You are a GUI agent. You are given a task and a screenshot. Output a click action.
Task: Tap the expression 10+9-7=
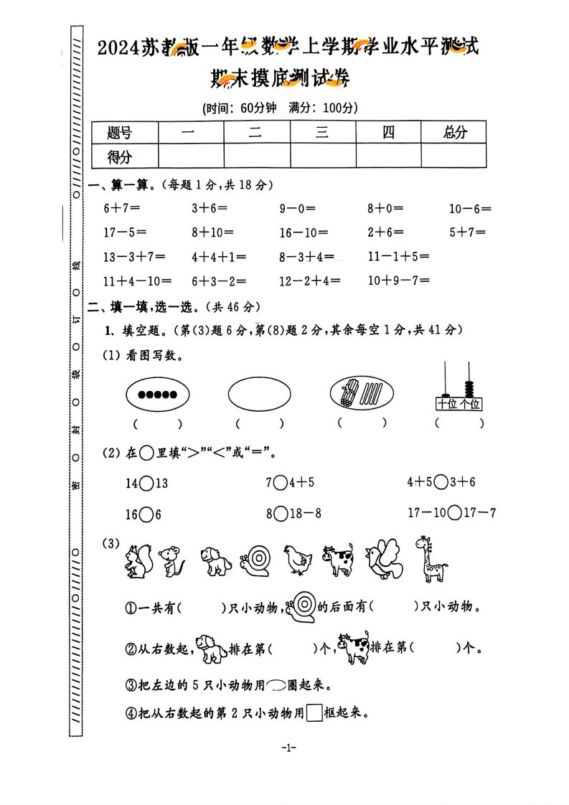pyautogui.click(x=398, y=281)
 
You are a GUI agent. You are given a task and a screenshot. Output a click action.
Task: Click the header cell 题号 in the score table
pyautogui.click(x=119, y=132)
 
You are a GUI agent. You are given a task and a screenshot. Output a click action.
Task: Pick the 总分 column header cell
pyautogui.click(x=454, y=132)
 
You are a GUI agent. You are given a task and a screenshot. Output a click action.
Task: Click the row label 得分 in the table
pyautogui.click(x=119, y=156)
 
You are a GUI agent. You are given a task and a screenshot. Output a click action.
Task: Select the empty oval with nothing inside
pyautogui.click(x=260, y=394)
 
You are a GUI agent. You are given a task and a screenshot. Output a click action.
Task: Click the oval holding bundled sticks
pyautogui.click(x=362, y=394)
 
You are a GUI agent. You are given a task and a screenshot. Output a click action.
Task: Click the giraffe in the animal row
pyautogui.click(x=431, y=559)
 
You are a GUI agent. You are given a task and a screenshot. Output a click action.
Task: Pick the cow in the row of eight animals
pyautogui.click(x=338, y=560)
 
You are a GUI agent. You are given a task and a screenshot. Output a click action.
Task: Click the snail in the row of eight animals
pyautogui.click(x=257, y=562)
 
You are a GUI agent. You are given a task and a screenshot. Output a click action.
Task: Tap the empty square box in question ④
pyautogui.click(x=314, y=713)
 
